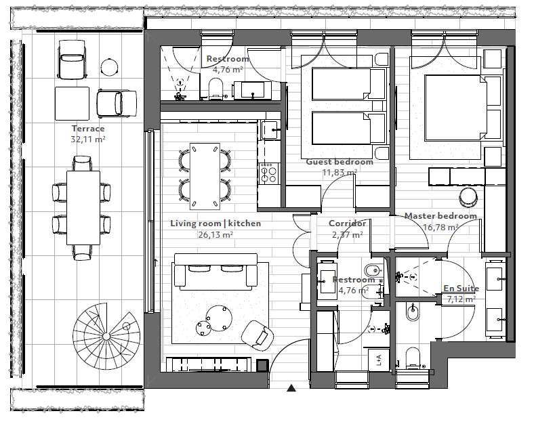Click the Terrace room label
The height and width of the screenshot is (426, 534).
click(88, 129)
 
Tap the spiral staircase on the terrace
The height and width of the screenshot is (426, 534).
click(106, 336)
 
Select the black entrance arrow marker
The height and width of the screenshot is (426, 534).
click(291, 387)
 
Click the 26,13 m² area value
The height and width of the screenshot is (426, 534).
click(215, 235)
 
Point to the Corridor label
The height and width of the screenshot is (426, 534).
click(347, 223)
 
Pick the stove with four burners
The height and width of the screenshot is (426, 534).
click(269, 173)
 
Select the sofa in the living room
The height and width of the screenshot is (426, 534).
click(215, 272)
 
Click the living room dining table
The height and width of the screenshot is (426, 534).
click(205, 176)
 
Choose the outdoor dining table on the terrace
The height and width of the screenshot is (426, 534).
click(83, 207)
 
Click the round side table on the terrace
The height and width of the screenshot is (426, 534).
click(109, 67)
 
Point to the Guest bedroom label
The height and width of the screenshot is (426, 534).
click(340, 162)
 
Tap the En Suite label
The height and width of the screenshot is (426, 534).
click(461, 289)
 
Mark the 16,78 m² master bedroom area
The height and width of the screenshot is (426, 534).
click(440, 227)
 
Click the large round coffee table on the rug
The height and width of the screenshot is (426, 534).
click(219, 318)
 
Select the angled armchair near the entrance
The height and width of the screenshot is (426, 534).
click(258, 335)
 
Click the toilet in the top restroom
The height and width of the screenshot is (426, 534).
click(215, 89)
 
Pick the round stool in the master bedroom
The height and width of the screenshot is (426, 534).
click(468, 196)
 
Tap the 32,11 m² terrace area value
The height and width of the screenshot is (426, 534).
click(88, 139)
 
